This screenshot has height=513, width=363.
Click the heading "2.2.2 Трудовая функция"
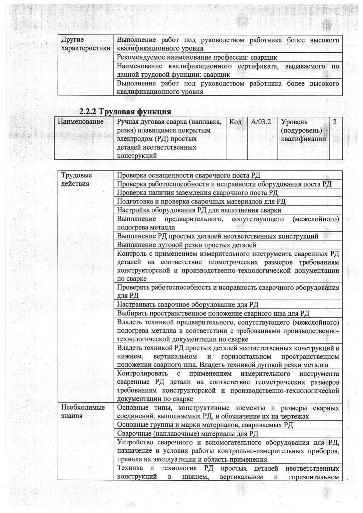click(x=125, y=111)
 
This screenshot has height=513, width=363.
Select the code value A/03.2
click(x=261, y=122)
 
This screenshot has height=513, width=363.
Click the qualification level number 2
click(x=335, y=122)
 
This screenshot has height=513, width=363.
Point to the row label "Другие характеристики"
click(x=85, y=44)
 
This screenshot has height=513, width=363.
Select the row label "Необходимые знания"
click(x=83, y=412)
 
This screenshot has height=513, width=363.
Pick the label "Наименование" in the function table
click(x=80, y=122)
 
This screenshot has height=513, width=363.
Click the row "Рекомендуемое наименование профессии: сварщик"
click(x=197, y=57)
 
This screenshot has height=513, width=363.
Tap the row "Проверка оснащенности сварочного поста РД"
click(x=188, y=175)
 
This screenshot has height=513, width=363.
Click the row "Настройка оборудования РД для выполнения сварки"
click(x=199, y=210)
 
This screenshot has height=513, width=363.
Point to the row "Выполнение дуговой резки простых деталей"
click(x=187, y=245)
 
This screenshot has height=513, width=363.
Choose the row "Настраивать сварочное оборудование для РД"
click(x=187, y=304)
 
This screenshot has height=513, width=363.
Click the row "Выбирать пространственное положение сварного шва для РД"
click(x=213, y=313)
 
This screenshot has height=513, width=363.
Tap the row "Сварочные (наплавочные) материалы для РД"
click(x=187, y=433)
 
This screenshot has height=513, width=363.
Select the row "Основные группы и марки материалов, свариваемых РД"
click(x=205, y=425)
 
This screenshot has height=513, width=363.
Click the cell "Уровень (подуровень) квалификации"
click(x=303, y=130)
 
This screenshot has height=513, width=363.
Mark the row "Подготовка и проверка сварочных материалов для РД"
click(x=201, y=201)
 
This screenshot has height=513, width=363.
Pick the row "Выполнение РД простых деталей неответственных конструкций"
click(x=217, y=236)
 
